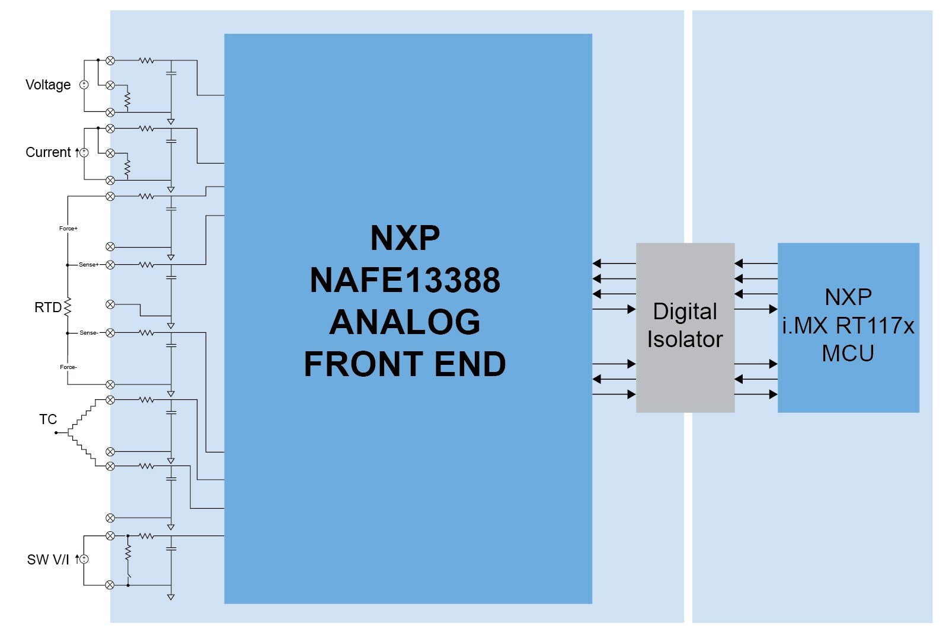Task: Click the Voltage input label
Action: [x=48, y=85]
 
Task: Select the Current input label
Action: [x=48, y=152]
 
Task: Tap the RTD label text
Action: [x=47, y=307]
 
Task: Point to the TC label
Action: [x=48, y=419]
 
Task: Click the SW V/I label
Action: [x=48, y=560]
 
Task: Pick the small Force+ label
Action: [x=68, y=228]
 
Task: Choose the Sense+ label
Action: [x=89, y=265]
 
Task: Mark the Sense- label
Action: [x=88, y=333]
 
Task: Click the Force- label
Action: [x=68, y=367]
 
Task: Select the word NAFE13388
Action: [x=405, y=280]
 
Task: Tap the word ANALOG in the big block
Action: [x=405, y=322]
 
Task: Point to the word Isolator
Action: [x=685, y=339]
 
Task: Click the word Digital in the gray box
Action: [x=685, y=312]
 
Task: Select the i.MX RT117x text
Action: [x=848, y=326]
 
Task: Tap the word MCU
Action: [x=848, y=354]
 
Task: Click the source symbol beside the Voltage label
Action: [x=84, y=85]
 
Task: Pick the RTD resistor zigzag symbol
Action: [x=68, y=307]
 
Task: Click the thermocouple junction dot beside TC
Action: [x=56, y=433]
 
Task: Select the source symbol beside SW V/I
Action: [x=84, y=559]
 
